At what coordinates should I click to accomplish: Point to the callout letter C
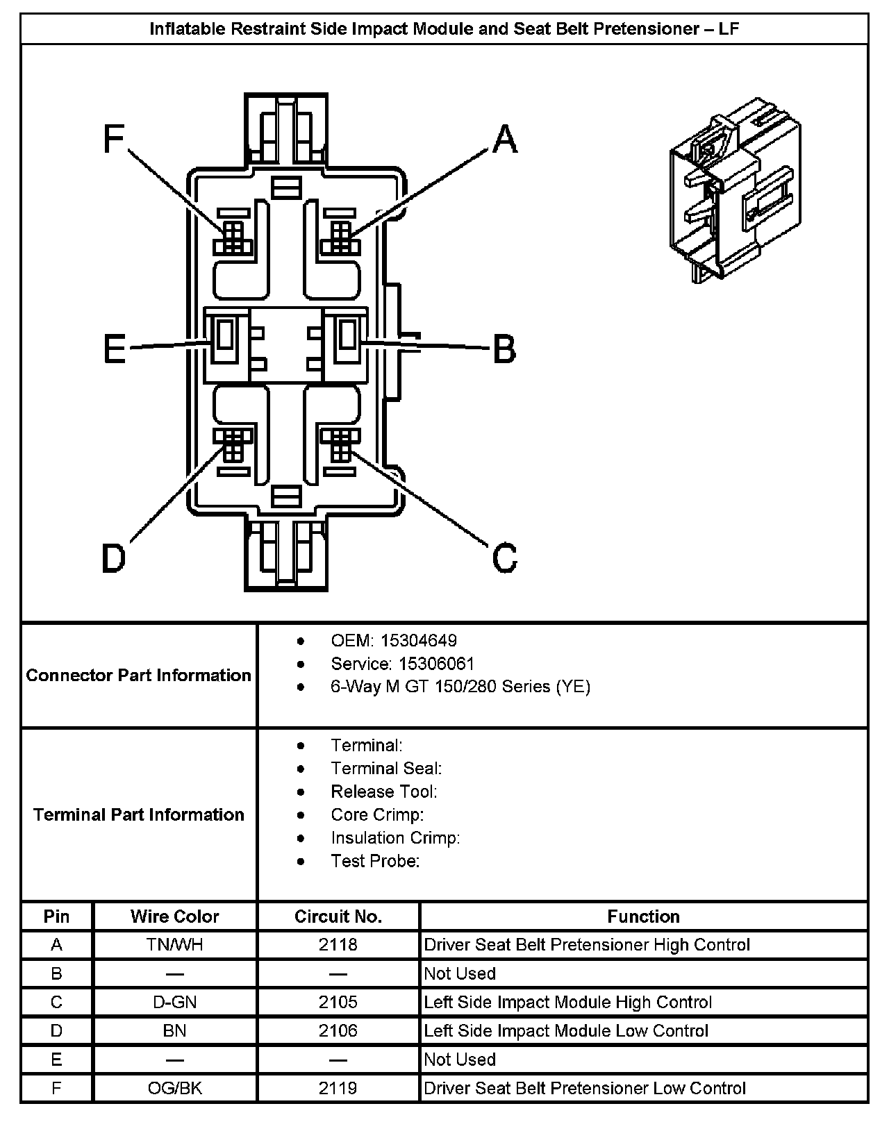click(x=505, y=558)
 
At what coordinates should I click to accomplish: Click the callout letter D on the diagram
click(x=113, y=558)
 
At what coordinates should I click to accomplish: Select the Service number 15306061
click(x=431, y=663)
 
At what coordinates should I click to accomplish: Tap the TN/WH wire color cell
click(x=174, y=944)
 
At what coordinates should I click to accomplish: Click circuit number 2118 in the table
click(x=338, y=944)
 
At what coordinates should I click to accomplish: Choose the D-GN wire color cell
click(x=174, y=1002)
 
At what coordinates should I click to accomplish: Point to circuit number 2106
click(x=338, y=1030)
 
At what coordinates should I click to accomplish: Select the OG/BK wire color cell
click(x=174, y=1088)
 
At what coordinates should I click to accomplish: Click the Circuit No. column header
click(x=338, y=916)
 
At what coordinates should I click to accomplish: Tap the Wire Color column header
click(x=174, y=916)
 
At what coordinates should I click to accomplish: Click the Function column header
click(x=643, y=916)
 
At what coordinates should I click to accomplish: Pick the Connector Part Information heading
click(x=138, y=675)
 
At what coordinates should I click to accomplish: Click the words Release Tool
click(x=384, y=792)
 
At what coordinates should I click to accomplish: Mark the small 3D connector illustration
click(x=735, y=191)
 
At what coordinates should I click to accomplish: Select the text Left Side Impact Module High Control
click(x=568, y=1002)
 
